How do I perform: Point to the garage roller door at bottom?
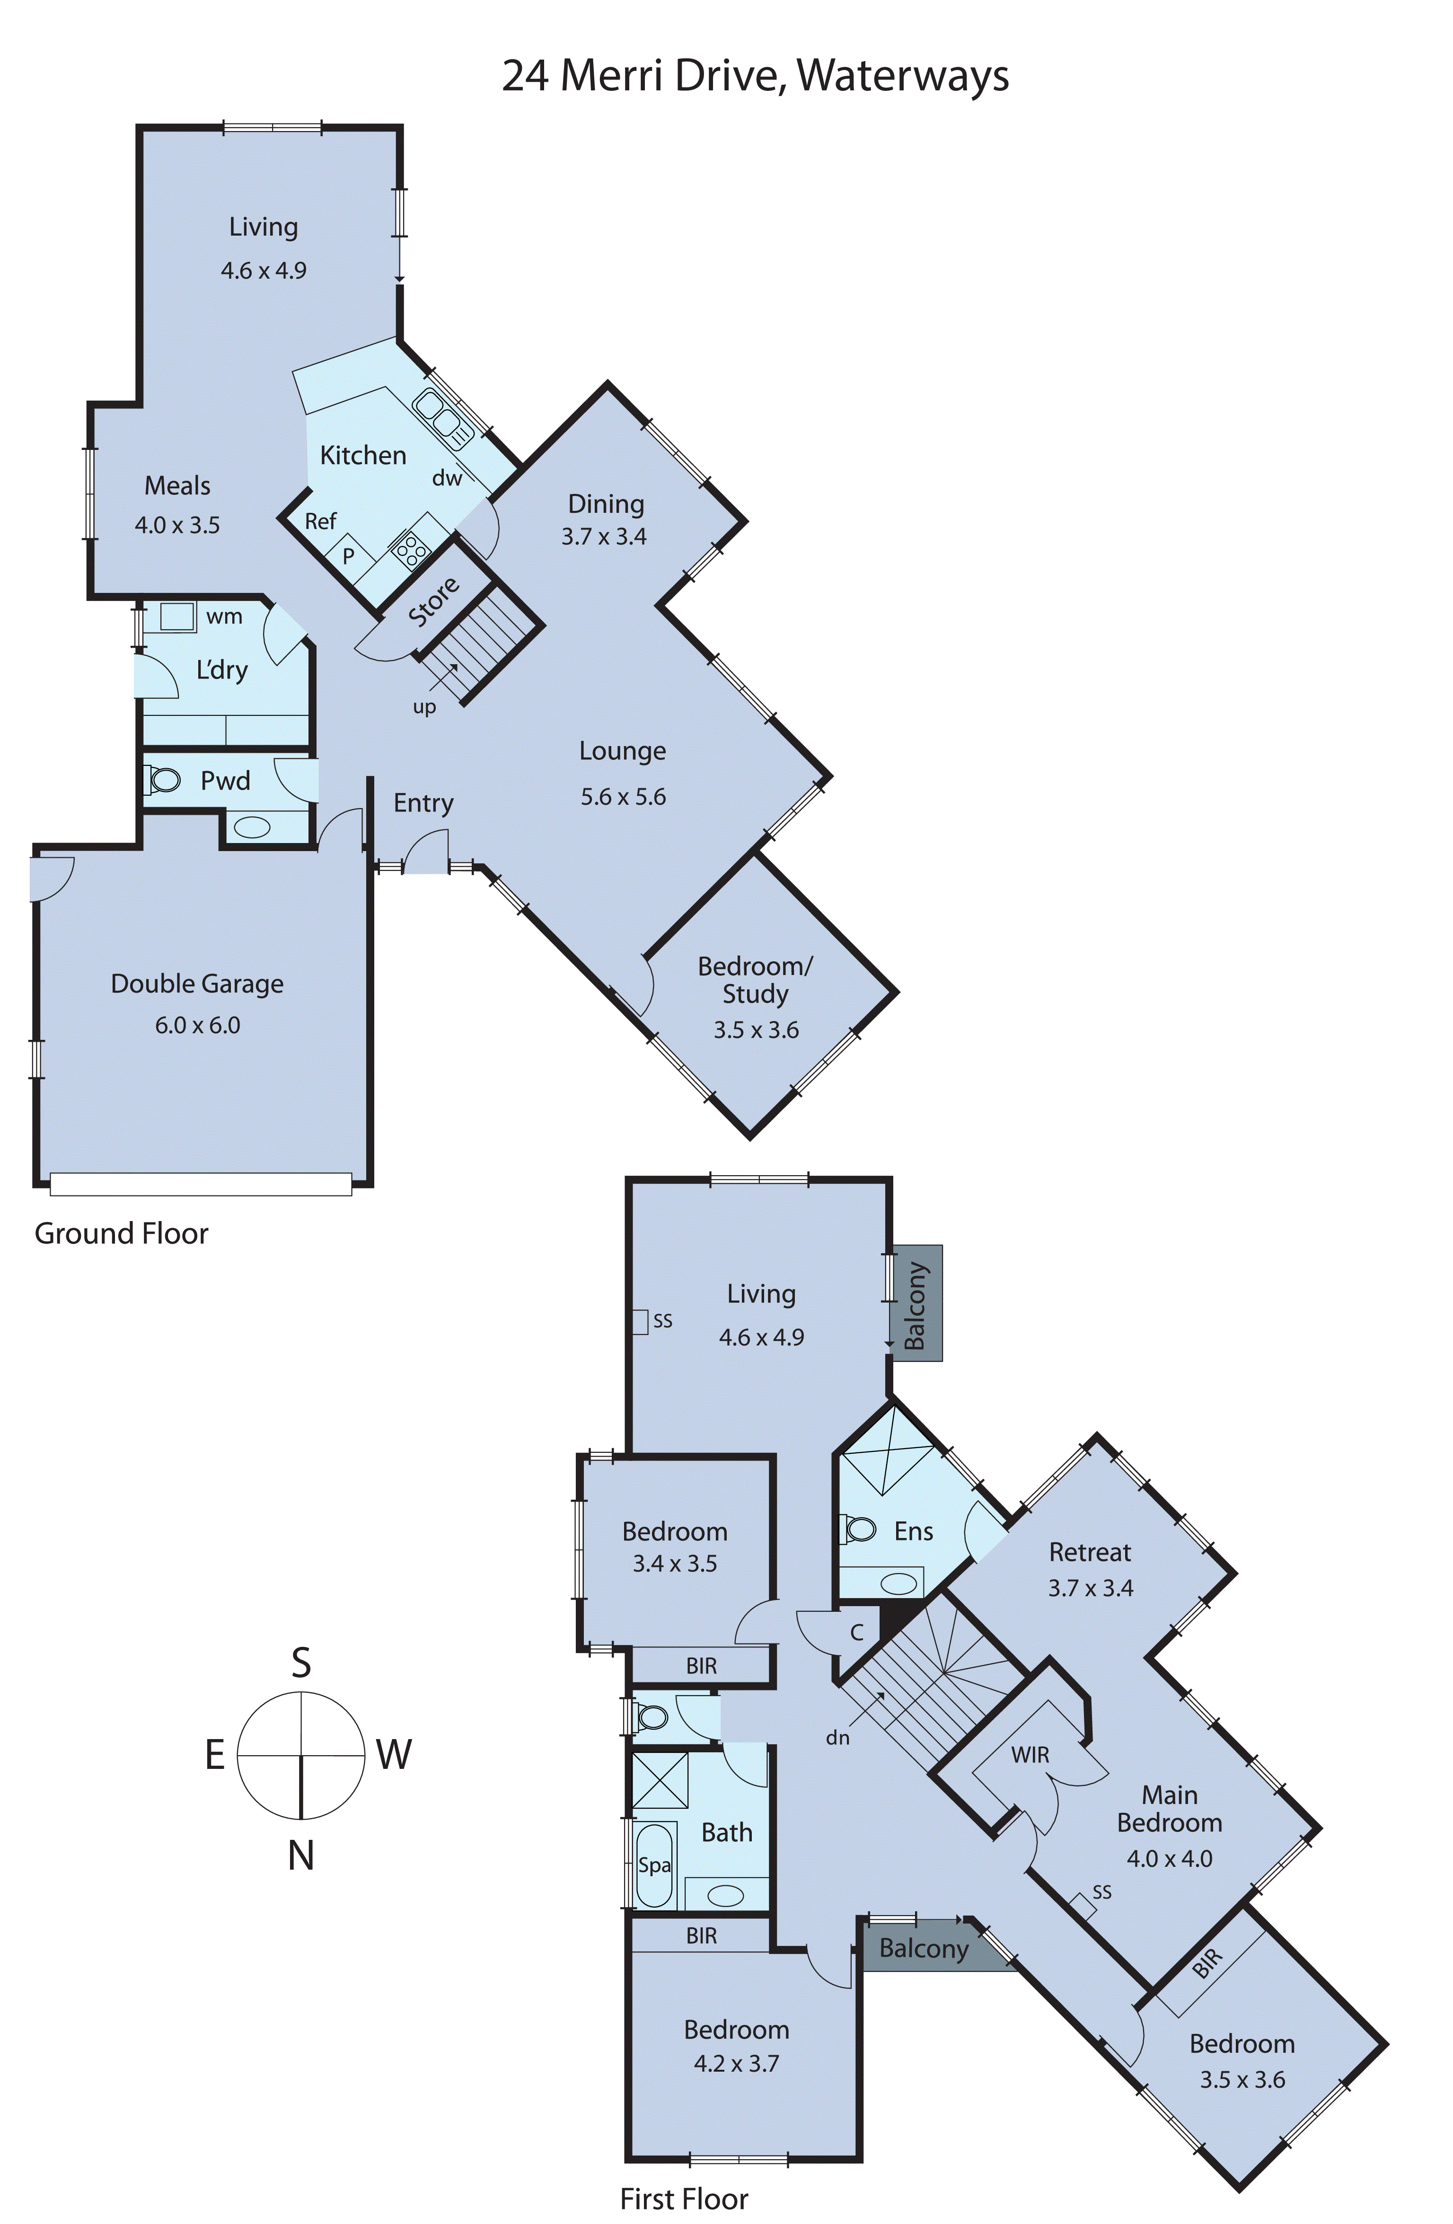[201, 1184]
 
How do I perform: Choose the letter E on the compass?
[215, 1755]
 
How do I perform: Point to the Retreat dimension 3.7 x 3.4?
[1091, 1588]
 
